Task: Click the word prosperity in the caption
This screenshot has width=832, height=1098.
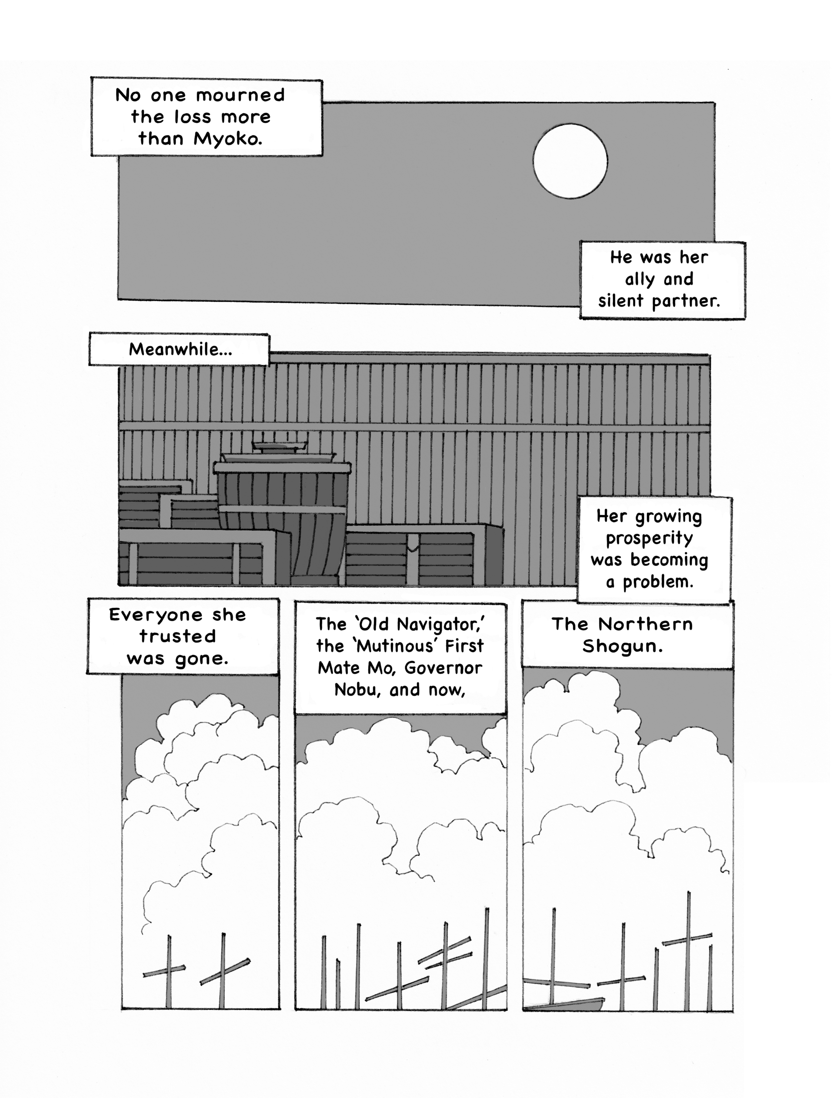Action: click(649, 539)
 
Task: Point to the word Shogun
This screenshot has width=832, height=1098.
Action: click(622, 646)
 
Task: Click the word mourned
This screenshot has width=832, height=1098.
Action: click(240, 95)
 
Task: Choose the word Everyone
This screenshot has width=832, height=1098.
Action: click(155, 615)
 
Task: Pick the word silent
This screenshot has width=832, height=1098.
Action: click(621, 301)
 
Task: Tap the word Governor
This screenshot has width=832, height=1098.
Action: click(443, 668)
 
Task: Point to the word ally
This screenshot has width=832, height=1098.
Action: click(639, 279)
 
